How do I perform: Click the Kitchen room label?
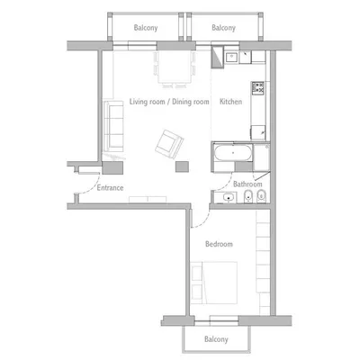[231, 103]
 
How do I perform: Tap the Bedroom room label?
[219, 244]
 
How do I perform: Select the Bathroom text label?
[247, 184]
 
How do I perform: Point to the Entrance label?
[109, 188]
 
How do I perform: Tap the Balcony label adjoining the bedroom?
[215, 339]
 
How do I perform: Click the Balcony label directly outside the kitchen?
[223, 28]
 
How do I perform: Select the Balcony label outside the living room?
[145, 28]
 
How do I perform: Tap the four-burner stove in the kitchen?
[259, 88]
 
